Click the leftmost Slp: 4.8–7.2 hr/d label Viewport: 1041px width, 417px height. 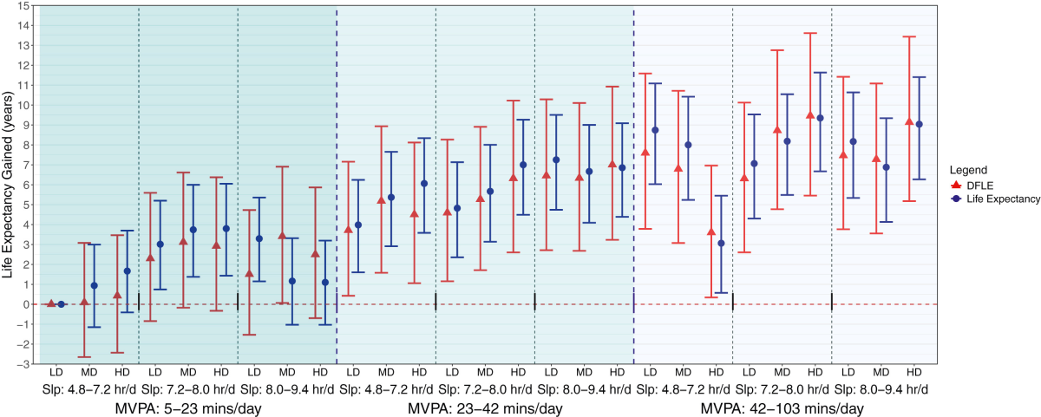(88, 389)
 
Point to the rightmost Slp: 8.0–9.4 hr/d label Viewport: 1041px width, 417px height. (881, 389)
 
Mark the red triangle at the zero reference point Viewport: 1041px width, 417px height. (51, 303)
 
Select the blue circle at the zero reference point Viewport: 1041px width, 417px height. (61, 304)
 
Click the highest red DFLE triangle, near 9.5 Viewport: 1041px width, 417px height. (810, 115)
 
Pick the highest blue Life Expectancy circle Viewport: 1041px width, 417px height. (820, 118)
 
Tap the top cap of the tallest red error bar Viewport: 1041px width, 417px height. (810, 33)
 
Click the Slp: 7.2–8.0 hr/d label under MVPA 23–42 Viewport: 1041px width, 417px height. (485, 389)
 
